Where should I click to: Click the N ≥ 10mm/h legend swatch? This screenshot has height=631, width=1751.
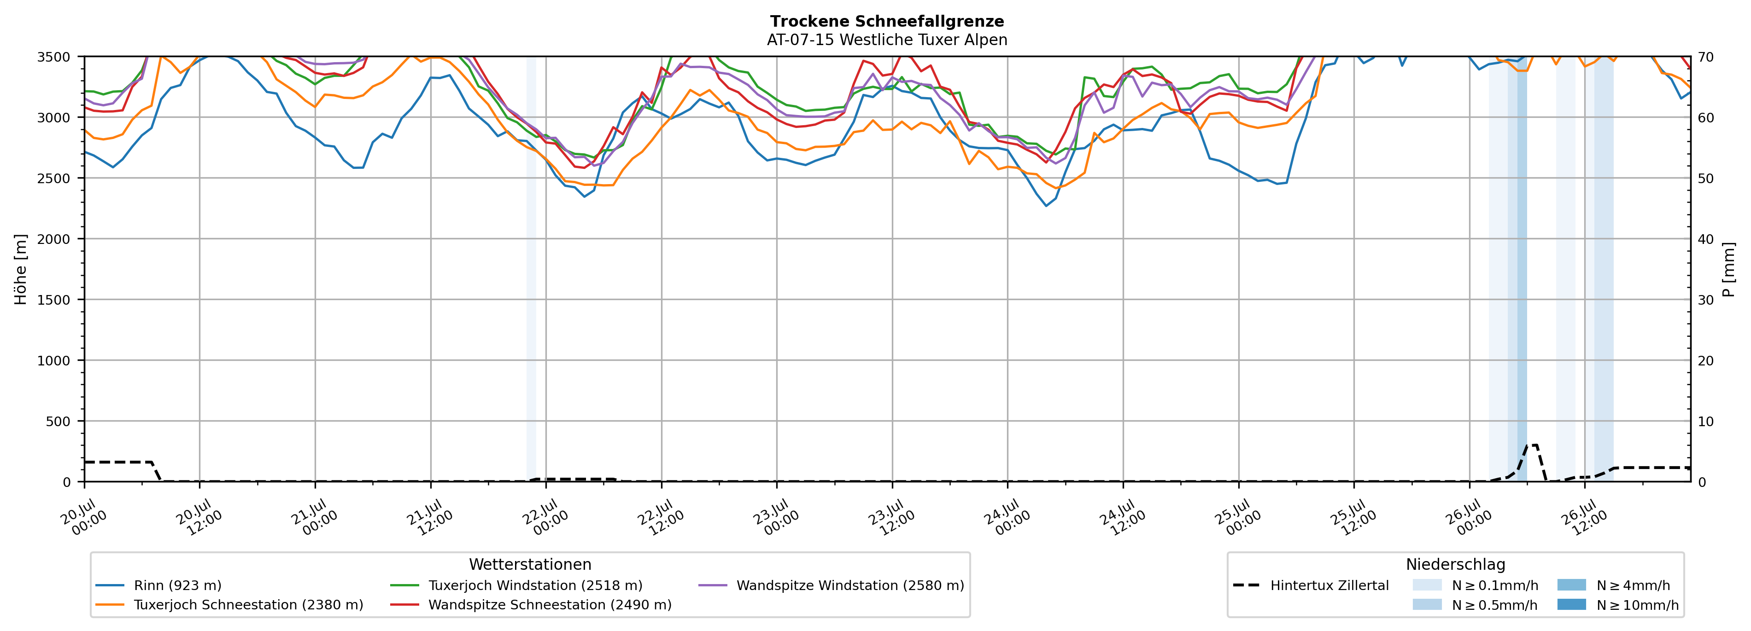[x=1571, y=604]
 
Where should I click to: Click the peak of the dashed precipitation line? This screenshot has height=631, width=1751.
[x=1531, y=446]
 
